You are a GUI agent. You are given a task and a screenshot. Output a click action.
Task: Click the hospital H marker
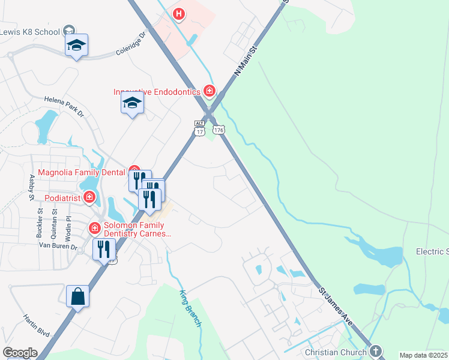179,14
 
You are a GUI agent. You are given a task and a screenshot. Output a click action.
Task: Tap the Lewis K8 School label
30,32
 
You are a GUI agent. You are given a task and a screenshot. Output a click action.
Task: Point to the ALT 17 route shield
199,127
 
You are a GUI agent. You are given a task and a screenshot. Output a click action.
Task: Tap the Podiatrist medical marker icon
89,197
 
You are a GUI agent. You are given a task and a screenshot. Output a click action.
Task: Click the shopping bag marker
77,296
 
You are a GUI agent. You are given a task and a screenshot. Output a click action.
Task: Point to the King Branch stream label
190,308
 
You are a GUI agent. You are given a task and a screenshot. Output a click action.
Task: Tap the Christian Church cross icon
375,351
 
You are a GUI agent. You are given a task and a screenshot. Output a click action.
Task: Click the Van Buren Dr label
58,246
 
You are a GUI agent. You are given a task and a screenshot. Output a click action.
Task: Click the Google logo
20,353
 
